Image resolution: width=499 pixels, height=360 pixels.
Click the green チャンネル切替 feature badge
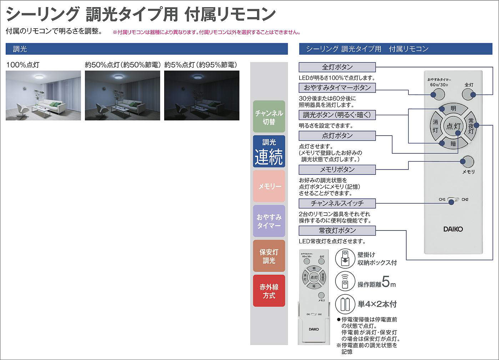(269, 117)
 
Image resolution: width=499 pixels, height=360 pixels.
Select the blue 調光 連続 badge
(269, 151)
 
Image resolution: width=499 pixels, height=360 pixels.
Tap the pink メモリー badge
(269, 186)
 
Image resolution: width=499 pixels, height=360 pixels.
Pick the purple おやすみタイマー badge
(269, 221)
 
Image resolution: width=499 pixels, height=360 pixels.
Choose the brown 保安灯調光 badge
(269, 256)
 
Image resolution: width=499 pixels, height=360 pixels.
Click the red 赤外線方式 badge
(269, 291)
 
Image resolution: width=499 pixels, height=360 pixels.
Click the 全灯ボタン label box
(337, 67)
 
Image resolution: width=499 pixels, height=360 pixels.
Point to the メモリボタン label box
(337, 169)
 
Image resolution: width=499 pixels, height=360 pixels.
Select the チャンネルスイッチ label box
(337, 203)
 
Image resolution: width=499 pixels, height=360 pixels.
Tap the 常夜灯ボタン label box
(337, 230)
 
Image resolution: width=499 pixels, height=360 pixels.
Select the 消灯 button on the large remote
(435, 126)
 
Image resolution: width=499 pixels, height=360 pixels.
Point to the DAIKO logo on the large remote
(453, 229)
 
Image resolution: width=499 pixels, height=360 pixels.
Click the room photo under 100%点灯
(43, 95)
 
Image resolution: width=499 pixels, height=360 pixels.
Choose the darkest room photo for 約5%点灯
(202, 95)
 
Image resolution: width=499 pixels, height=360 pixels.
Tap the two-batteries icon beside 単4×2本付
(344, 304)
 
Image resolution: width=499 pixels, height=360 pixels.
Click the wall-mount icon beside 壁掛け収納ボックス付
(344, 258)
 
